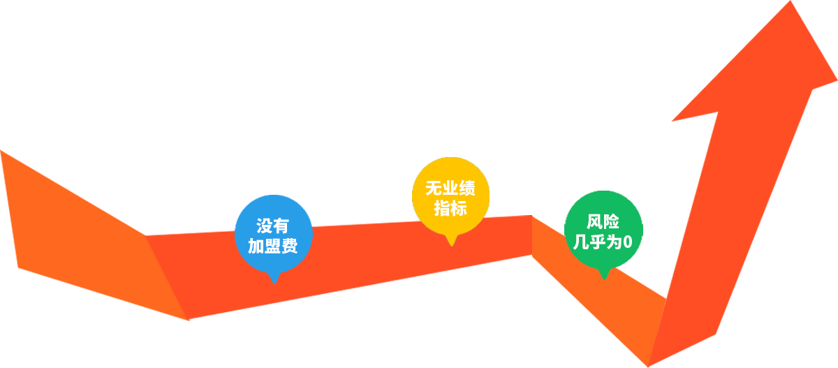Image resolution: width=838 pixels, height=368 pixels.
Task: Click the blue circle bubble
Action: (274, 234)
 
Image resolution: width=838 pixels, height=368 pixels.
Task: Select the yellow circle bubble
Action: (451, 196)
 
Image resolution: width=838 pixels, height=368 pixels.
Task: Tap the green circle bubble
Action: (603, 230)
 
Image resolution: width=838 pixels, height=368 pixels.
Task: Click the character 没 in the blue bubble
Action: (264, 226)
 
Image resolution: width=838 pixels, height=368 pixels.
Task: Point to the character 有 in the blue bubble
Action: (281, 226)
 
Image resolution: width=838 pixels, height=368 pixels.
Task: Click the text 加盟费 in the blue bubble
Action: (273, 246)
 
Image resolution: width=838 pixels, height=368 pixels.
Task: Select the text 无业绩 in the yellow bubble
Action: (450, 188)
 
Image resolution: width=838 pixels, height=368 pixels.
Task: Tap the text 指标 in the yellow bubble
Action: (450, 208)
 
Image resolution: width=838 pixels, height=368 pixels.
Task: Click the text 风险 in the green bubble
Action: (603, 222)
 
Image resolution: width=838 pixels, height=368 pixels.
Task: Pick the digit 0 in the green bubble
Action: (628, 242)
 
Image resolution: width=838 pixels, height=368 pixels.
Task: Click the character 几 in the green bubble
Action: (581, 242)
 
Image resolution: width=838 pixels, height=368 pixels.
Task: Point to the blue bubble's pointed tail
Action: (274, 278)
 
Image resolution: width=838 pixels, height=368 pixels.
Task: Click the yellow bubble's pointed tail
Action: (452, 240)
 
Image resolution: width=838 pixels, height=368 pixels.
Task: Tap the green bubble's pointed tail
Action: (604, 274)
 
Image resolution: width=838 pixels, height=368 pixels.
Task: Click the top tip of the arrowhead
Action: (791, 1)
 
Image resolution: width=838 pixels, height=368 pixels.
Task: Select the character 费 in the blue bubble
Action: (290, 246)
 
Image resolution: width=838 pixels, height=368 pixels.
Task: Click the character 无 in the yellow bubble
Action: (434, 188)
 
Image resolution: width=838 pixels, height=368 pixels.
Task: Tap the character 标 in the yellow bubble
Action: (459, 208)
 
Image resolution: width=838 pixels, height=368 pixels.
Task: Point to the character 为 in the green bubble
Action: (615, 242)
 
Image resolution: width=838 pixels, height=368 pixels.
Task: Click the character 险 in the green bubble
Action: (611, 222)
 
